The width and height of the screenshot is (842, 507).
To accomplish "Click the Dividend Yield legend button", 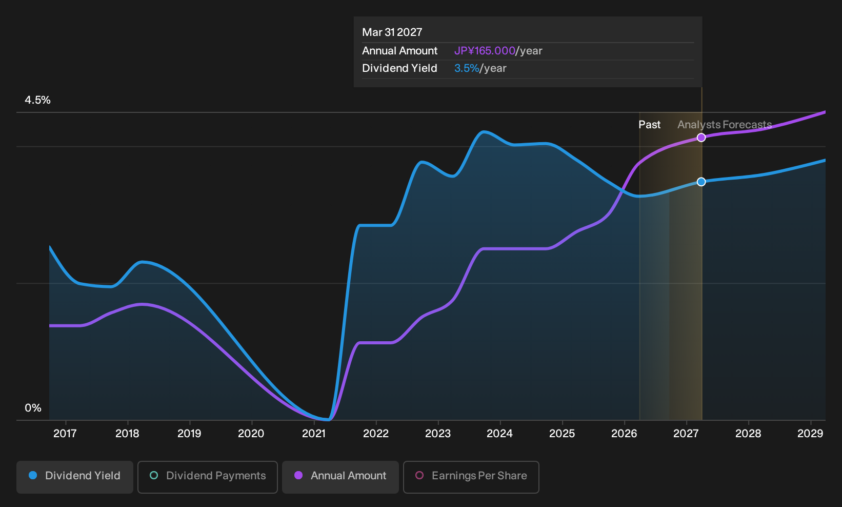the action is click(75, 477).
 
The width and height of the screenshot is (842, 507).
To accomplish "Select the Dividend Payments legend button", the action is click(208, 477).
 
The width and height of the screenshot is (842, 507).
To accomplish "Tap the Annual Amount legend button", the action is click(340, 477).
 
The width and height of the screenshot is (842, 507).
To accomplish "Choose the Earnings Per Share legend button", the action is click(471, 477).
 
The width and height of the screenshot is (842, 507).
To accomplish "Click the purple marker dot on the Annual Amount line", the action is click(701, 138).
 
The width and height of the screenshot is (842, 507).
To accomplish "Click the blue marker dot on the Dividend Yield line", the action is click(701, 182).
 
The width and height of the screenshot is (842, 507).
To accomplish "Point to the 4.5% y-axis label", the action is click(37, 100).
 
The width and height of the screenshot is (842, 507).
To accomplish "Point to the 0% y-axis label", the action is click(33, 408).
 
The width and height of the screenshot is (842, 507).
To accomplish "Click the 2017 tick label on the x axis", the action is click(65, 434).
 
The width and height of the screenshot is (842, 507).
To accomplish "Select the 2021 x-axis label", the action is click(314, 434).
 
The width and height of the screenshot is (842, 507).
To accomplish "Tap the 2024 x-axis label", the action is click(500, 434).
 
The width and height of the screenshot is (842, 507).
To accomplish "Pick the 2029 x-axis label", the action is click(810, 434).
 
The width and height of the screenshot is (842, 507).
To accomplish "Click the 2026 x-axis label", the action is click(625, 434).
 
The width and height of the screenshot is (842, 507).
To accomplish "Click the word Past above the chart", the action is click(650, 125).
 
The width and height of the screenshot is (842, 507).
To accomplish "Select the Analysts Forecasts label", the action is click(725, 125).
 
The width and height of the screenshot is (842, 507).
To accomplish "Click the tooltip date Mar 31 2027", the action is click(392, 32).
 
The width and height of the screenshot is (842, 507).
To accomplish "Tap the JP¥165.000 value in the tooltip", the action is click(485, 51).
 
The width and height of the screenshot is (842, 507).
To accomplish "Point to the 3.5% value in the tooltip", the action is click(467, 68).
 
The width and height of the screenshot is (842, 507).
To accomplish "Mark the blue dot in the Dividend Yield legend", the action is click(33, 475).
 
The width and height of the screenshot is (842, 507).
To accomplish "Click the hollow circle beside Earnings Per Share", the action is click(419, 475).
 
